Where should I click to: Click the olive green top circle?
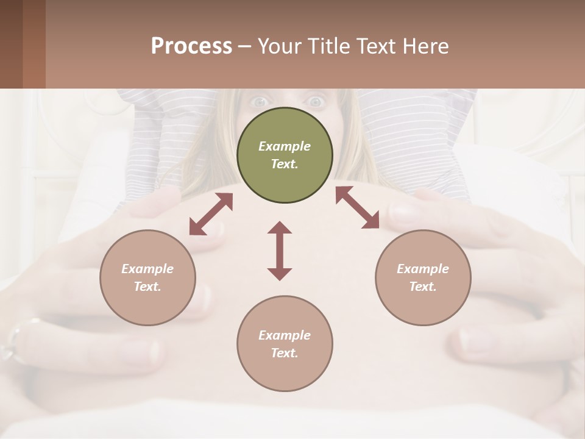(285, 155)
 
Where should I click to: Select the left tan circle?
(147, 278)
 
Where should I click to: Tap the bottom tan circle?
(285, 344)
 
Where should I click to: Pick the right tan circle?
(423, 278)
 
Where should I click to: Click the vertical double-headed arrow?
(280, 251)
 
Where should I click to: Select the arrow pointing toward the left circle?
(211, 214)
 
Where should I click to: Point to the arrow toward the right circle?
(357, 207)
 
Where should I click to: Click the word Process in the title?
(191, 46)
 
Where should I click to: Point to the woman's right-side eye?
(315, 102)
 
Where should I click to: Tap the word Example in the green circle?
(285, 146)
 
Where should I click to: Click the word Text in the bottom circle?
(283, 353)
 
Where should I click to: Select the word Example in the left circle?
(147, 269)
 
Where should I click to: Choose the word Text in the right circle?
(422, 287)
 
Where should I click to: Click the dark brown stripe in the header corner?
(11, 44)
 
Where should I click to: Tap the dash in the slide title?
(244, 46)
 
